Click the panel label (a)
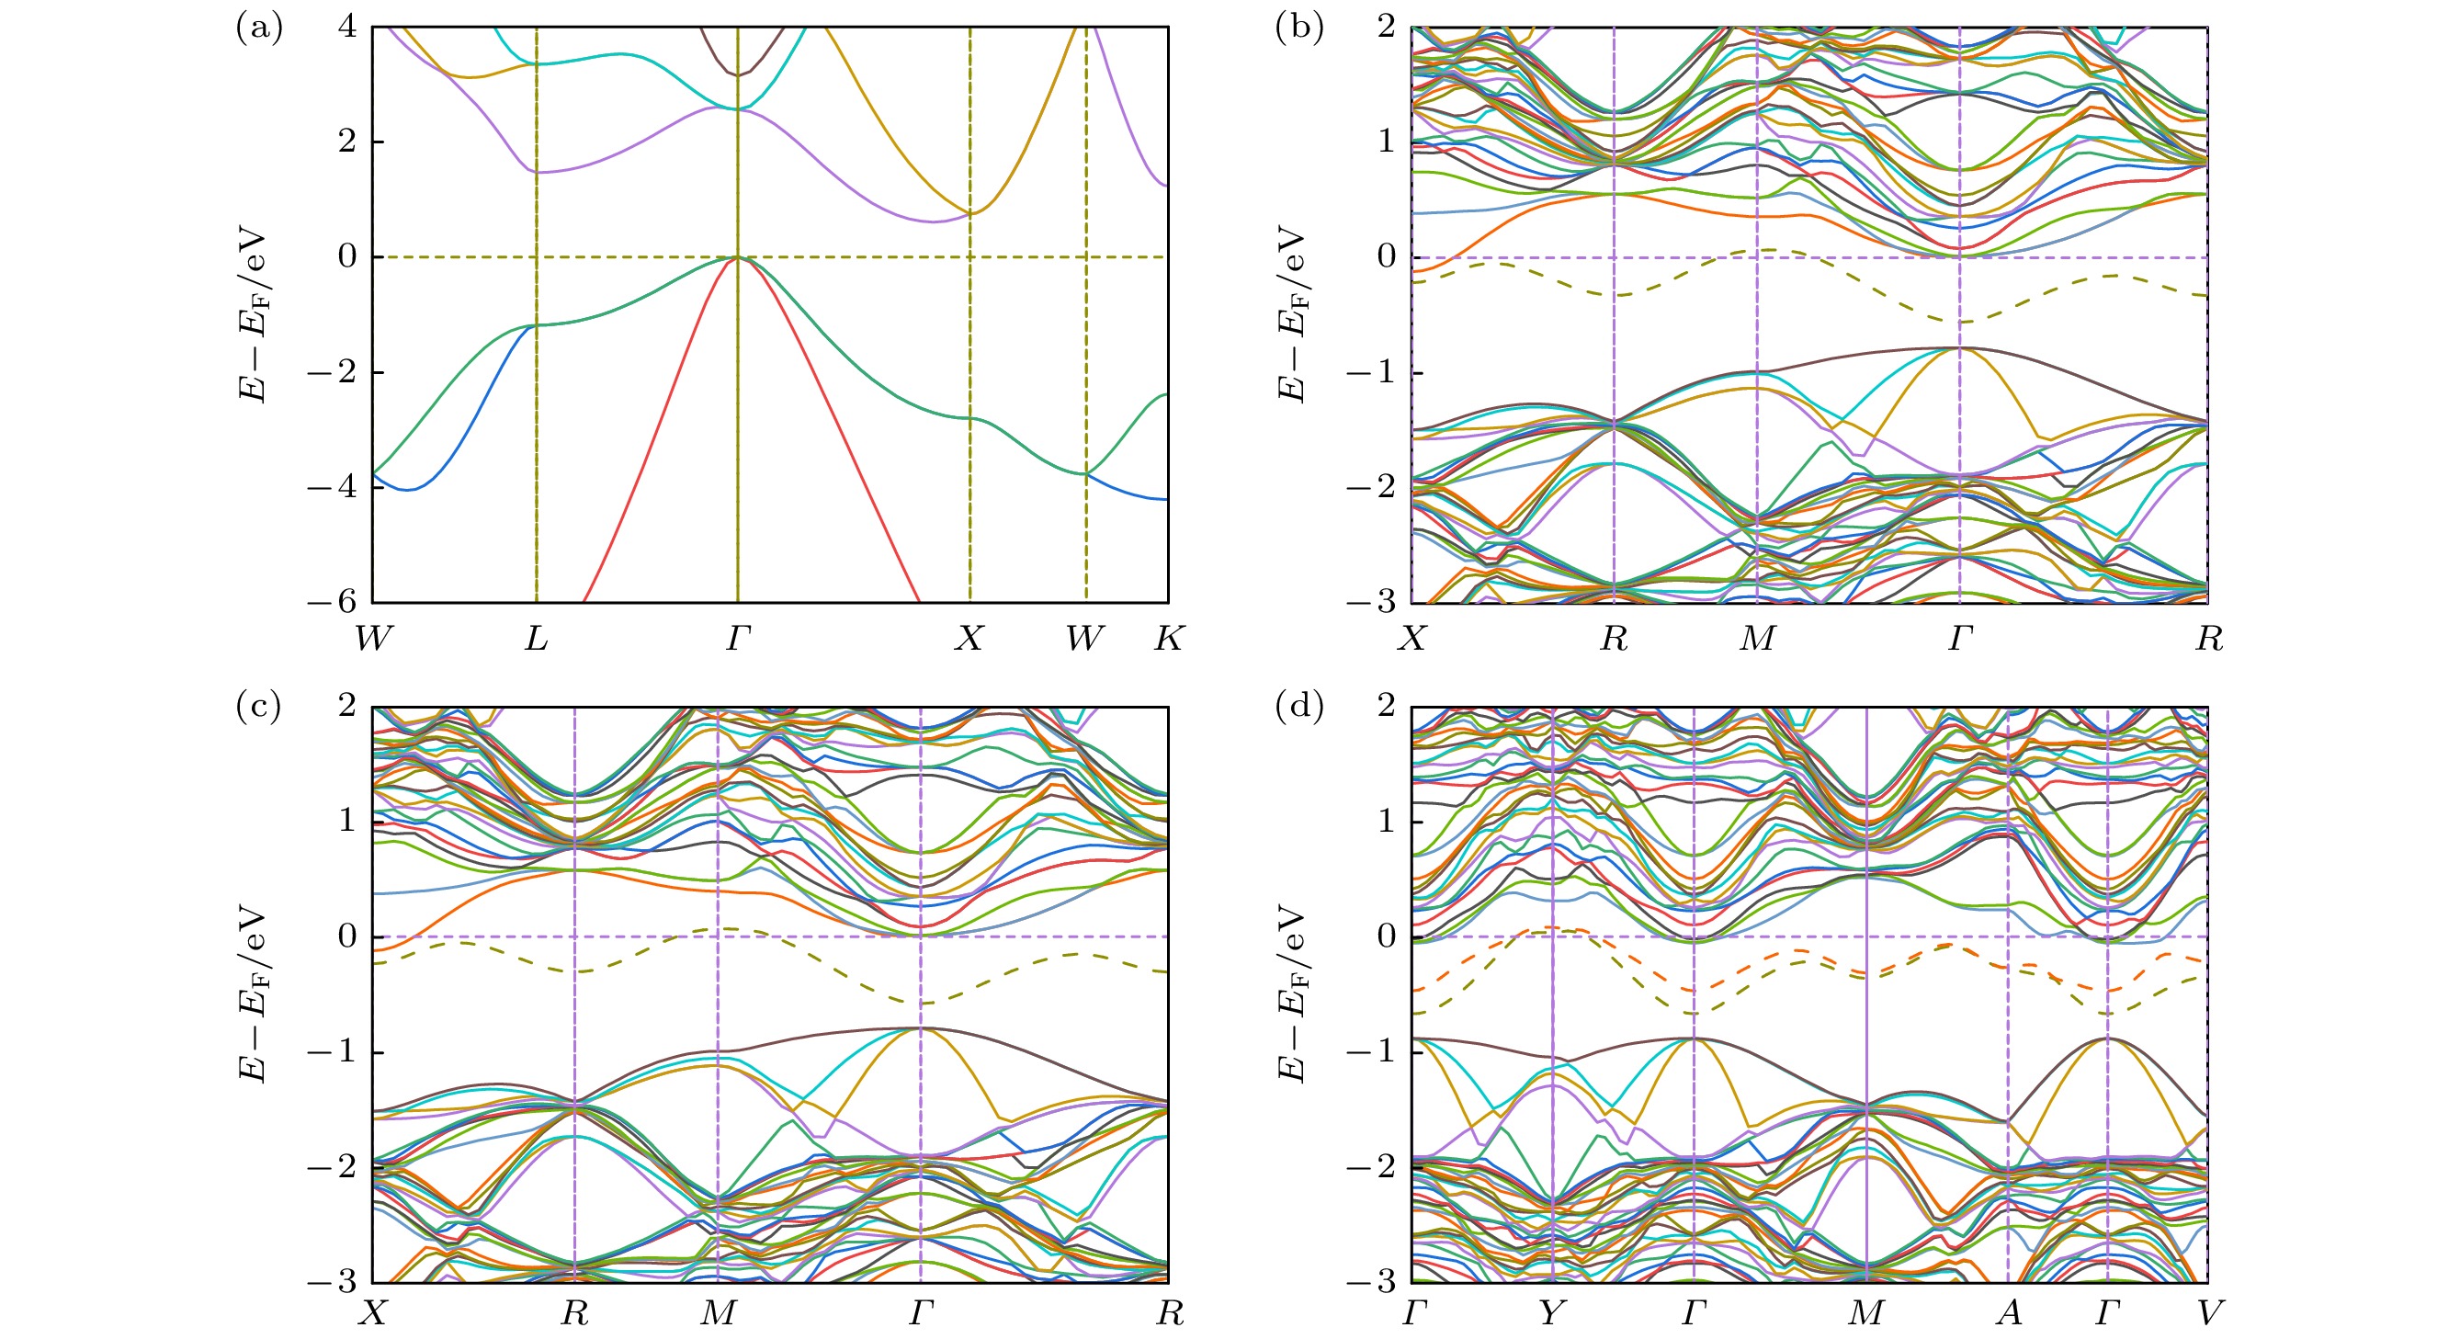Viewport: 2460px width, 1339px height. [259, 28]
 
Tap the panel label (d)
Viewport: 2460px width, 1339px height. [1298, 707]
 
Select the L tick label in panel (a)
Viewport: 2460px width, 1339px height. [536, 638]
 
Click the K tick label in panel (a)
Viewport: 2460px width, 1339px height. [1168, 638]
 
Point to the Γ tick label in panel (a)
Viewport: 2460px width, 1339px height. [737, 638]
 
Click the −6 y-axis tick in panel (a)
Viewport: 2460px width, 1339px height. [333, 602]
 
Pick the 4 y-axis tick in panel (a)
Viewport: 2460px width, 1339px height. [346, 27]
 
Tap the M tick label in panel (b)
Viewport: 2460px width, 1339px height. [1757, 638]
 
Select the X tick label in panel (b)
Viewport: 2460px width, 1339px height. [1411, 638]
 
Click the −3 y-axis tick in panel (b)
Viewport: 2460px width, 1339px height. [1371, 602]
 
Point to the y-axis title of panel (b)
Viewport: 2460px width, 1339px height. [1290, 314]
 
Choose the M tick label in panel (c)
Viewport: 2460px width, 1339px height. [718, 1314]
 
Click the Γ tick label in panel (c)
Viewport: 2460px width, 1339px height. [920, 1314]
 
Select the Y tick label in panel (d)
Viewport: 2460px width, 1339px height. [1551, 1314]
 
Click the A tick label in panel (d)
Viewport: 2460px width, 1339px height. [2008, 1314]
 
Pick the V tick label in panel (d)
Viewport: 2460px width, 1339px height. [2207, 1314]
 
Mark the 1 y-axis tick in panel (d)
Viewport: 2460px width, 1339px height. [1387, 822]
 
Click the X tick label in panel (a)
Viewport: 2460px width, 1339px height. [969, 638]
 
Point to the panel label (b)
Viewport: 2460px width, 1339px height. [1298, 28]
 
